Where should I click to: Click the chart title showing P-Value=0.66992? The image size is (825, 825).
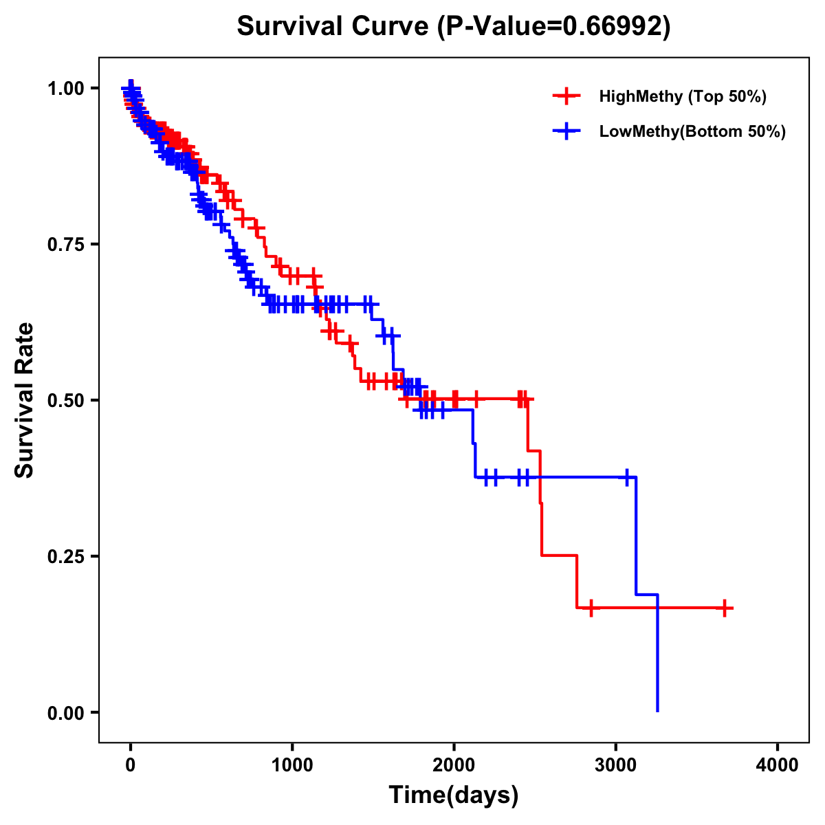pos(454,26)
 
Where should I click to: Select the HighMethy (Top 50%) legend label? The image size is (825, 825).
pos(683,96)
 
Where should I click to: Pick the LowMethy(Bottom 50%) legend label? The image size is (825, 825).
pos(692,131)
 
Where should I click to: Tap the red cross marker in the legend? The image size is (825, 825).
pos(566,96)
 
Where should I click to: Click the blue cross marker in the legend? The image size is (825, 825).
pos(566,131)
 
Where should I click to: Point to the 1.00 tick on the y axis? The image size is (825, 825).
pos(65,88)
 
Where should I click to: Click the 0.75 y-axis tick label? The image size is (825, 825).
pos(65,244)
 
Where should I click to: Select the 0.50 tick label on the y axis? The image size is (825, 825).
pos(65,400)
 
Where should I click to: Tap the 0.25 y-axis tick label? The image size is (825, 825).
pos(65,556)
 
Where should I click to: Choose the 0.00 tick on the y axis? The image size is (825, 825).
pos(65,712)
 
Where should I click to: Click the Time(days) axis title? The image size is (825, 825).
pos(454,795)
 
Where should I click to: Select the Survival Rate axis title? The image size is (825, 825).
pos(25,400)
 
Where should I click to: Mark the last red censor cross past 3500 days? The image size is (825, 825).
pos(725,608)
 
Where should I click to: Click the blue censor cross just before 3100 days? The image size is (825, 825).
pos(627,477)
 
